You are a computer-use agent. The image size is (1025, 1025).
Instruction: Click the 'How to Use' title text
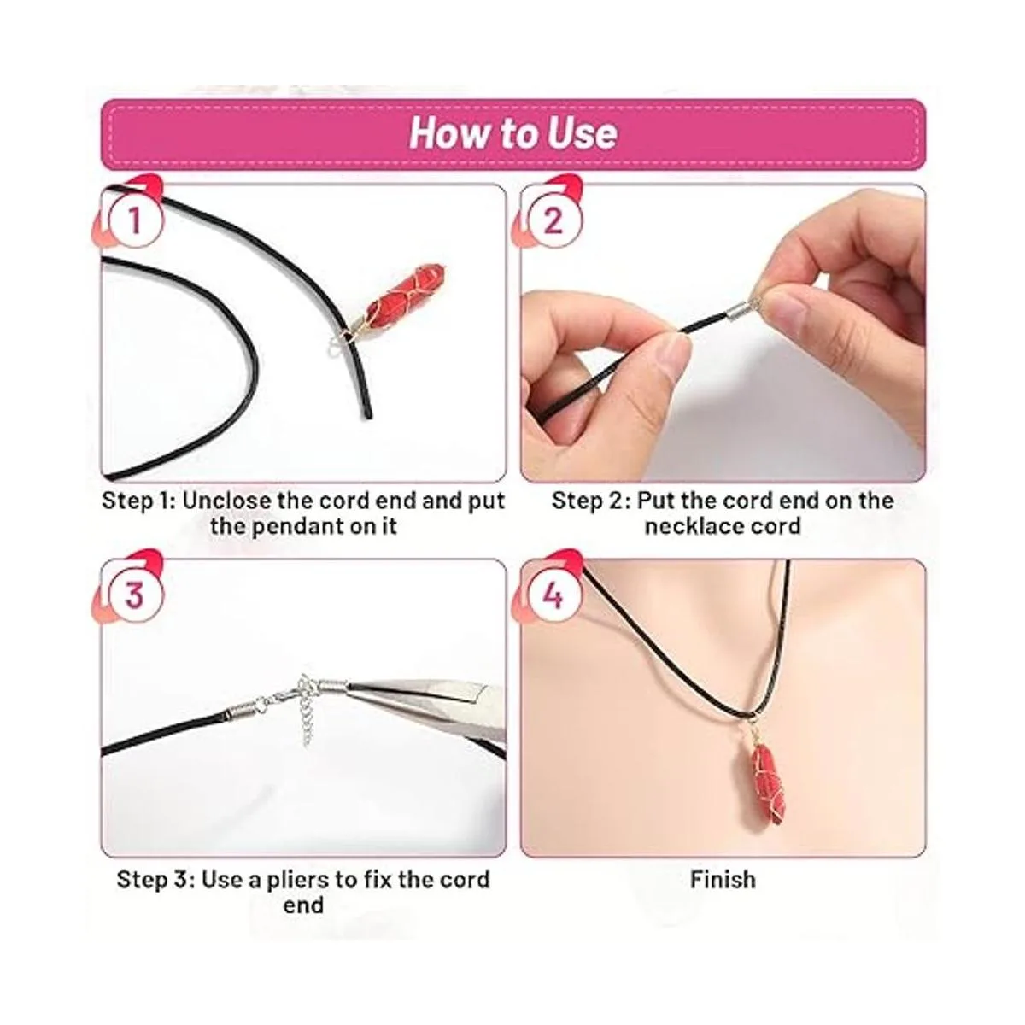513,133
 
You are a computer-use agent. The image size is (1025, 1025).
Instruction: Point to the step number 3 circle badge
135,594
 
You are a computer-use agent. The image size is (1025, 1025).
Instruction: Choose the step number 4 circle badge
555,594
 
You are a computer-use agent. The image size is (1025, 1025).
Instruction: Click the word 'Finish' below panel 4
723,879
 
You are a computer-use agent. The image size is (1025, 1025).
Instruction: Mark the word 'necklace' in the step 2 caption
688,526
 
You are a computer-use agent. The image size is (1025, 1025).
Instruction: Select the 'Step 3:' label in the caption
155,880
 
